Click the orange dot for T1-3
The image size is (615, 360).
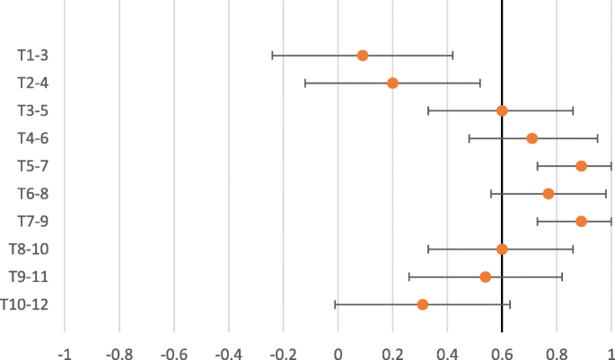pos(363,56)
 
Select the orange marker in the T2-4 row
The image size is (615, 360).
pos(392,83)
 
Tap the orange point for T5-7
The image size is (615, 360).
pos(581,166)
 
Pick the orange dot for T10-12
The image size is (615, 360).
pos(423,304)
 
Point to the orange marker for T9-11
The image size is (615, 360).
pos(486,277)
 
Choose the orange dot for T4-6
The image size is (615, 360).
pos(532,138)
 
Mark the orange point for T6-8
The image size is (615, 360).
pos(549,194)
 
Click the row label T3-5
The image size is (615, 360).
pos(32,110)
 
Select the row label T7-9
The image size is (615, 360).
pos(32,221)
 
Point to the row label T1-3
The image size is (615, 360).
pos(32,56)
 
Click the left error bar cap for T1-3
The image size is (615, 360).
pos(272,56)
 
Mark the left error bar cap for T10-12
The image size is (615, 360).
pos(335,304)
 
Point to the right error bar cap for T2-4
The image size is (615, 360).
pos(480,83)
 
